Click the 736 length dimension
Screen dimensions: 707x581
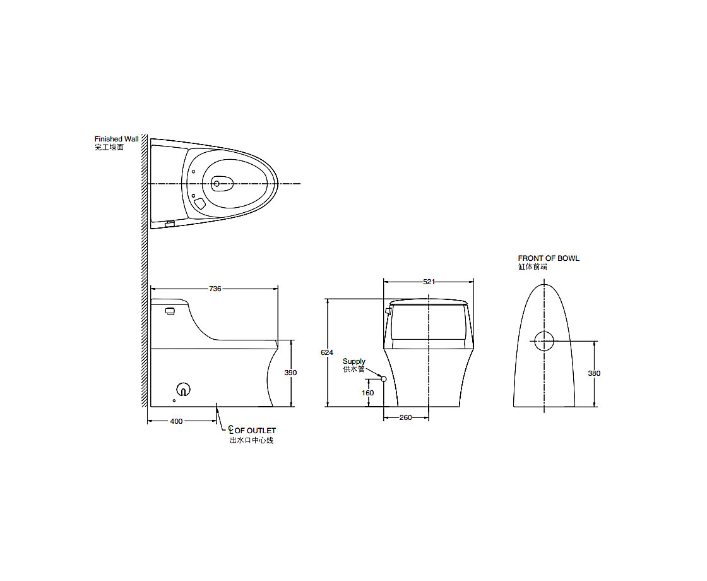(x=215, y=289)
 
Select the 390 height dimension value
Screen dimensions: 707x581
(x=291, y=373)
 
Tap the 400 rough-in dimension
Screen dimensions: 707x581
(x=176, y=421)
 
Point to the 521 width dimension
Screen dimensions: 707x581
(x=429, y=282)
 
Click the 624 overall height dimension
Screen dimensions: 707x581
(x=327, y=352)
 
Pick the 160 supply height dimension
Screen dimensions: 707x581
(x=368, y=393)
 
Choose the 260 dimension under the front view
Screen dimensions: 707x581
(x=405, y=417)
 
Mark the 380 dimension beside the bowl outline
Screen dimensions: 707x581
(x=594, y=373)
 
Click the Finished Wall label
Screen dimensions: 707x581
(x=116, y=139)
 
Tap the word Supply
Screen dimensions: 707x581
(x=354, y=361)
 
